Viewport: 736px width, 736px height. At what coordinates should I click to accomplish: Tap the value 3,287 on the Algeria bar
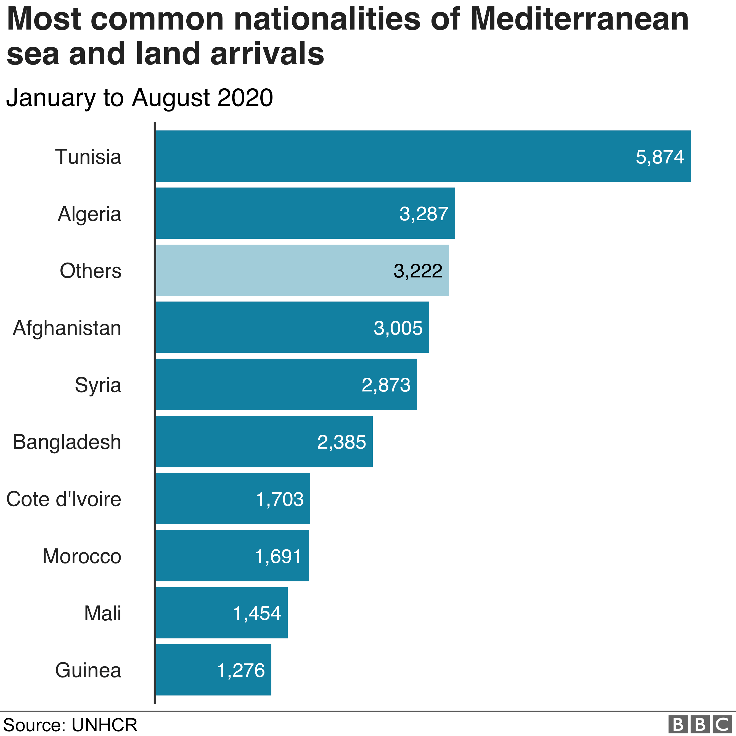(x=423, y=214)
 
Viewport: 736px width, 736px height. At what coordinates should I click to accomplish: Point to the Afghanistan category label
(x=67, y=328)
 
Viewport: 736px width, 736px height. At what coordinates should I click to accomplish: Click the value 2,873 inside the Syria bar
(x=386, y=385)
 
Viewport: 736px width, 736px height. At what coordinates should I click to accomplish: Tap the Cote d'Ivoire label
(x=63, y=499)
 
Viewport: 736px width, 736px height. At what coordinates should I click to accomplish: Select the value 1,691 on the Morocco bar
(x=278, y=556)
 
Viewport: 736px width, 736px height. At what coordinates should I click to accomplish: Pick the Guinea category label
(x=88, y=670)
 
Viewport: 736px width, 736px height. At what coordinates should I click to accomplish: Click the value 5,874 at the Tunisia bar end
(x=660, y=157)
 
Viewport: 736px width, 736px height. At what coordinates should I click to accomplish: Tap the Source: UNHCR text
(x=70, y=725)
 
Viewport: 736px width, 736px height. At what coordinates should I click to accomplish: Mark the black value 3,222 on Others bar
(x=418, y=271)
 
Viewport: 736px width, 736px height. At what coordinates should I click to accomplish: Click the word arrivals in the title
(x=267, y=53)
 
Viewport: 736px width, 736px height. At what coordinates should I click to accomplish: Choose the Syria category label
(x=98, y=385)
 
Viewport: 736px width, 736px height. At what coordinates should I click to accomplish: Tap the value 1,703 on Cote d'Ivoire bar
(x=280, y=499)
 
